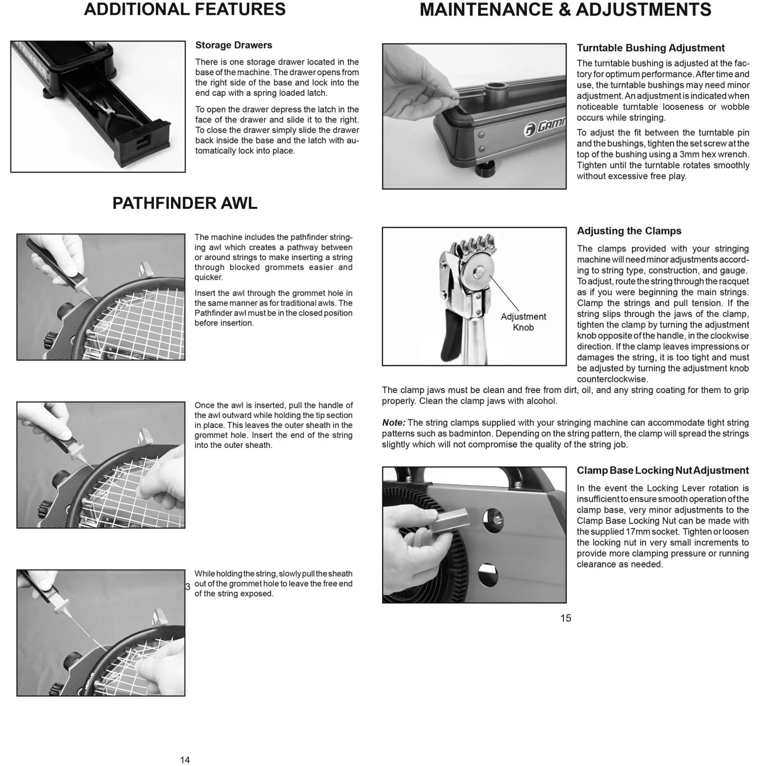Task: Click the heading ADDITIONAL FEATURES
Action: click(185, 9)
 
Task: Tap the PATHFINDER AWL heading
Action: click(185, 203)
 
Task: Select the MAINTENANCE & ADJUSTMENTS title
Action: click(565, 9)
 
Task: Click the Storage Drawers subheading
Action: click(234, 45)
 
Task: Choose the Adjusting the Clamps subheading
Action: click(629, 231)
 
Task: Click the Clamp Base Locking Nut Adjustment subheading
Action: click(663, 470)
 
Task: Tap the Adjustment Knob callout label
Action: click(523, 322)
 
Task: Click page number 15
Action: click(566, 618)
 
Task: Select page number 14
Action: click(185, 760)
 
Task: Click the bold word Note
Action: click(394, 423)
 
